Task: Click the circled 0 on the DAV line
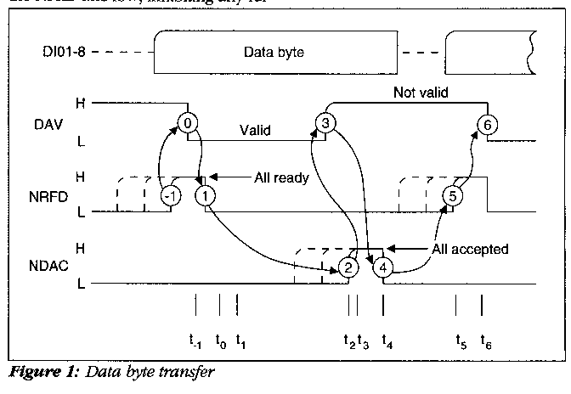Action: click(188, 123)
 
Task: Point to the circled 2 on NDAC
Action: click(348, 267)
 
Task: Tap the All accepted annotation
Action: click(467, 250)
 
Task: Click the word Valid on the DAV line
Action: click(256, 132)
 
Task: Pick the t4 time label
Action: click(387, 343)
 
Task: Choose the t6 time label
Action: click(485, 343)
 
